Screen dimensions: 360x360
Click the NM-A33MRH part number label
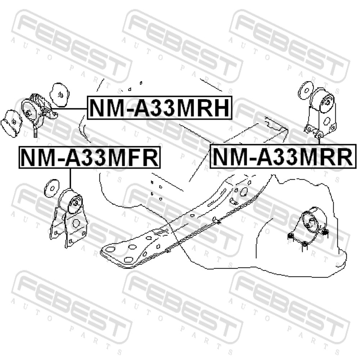pos(159,108)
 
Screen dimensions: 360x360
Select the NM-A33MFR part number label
pos(90,157)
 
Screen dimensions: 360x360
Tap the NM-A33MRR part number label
pos(283,157)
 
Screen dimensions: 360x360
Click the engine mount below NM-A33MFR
pos(68,218)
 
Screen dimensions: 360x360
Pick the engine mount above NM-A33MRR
pos(321,112)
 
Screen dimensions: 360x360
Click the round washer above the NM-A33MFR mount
pos(52,188)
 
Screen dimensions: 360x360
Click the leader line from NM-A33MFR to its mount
pos(70,179)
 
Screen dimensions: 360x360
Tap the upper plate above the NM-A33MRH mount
pos(59,95)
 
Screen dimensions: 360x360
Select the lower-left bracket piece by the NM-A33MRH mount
pos(12,123)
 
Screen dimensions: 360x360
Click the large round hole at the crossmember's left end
pos(111,249)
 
